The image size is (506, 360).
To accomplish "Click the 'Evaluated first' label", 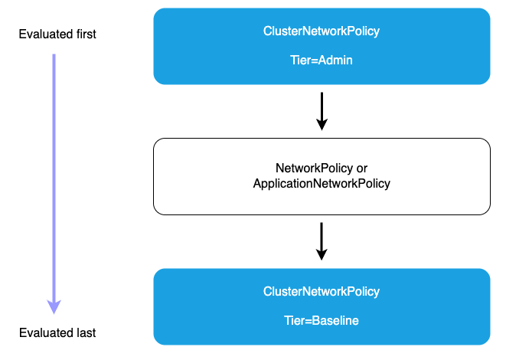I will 58,35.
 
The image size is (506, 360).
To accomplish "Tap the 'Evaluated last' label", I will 58,333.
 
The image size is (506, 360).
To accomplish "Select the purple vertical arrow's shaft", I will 54,176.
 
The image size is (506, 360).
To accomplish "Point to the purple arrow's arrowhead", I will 54,306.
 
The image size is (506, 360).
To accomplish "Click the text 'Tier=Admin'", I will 322,61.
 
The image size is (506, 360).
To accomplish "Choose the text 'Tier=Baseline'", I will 322,321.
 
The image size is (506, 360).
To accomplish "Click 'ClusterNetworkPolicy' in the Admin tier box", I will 322,31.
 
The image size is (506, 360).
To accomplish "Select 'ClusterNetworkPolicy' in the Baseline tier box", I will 322,292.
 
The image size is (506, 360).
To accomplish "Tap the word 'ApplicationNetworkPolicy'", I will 322,184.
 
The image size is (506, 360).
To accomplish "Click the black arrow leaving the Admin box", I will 322,107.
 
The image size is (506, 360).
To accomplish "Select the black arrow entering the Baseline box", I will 322,237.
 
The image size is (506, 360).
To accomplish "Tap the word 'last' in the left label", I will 83,333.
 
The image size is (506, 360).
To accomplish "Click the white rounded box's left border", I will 154,176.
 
